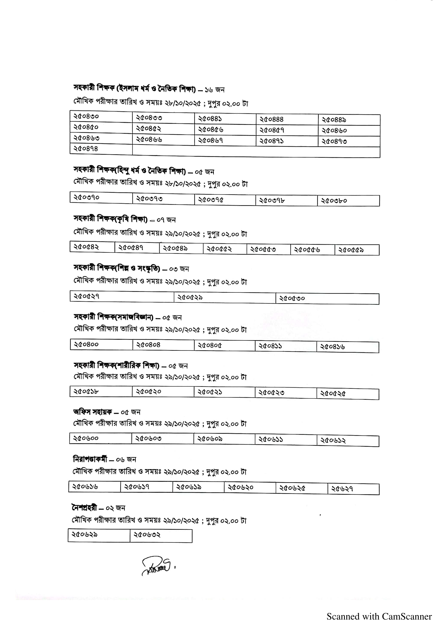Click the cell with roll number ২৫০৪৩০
[101, 117]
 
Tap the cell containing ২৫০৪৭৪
[101, 149]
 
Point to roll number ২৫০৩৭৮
[286, 201]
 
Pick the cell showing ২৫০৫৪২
[92, 247]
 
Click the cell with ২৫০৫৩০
[327, 298]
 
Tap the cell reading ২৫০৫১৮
[101, 391]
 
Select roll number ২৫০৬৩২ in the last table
[161, 535]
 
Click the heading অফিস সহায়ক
[92, 412]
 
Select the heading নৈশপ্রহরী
[84, 508]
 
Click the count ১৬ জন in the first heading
[214, 90]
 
